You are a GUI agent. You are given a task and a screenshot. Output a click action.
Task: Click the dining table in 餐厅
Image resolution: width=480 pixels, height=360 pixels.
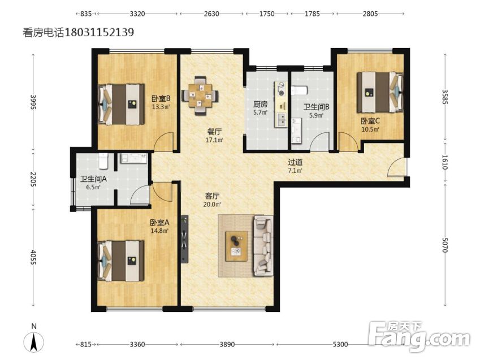pyautogui.click(x=200, y=95)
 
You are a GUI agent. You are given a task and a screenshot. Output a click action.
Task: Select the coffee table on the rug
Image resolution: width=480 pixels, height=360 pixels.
pyautogui.click(x=236, y=246)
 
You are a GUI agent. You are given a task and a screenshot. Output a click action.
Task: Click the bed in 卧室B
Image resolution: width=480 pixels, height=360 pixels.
pyautogui.click(x=121, y=105)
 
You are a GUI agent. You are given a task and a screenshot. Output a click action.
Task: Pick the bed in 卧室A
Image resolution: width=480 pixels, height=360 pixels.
pyautogui.click(x=120, y=261)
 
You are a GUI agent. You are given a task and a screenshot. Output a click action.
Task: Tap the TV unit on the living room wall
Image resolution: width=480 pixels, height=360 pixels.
pyautogui.click(x=184, y=240)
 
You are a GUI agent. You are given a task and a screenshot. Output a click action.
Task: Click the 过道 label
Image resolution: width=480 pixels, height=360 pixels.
pyautogui.click(x=295, y=162)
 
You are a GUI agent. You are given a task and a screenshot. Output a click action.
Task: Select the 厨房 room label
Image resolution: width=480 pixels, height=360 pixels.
pyautogui.click(x=260, y=104)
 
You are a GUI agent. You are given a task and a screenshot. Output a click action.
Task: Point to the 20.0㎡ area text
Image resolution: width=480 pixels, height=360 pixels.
pyautogui.click(x=212, y=204)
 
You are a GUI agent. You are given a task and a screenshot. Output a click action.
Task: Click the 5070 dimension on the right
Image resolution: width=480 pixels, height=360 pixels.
pyautogui.click(x=445, y=245)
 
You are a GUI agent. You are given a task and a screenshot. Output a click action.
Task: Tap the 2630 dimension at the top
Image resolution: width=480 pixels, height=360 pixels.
pyautogui.click(x=211, y=14)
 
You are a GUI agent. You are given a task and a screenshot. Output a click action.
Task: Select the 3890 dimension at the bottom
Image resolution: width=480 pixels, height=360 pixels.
pyautogui.click(x=227, y=344)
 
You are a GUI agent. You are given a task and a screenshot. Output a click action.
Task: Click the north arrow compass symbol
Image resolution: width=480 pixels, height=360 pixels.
pyautogui.click(x=34, y=339)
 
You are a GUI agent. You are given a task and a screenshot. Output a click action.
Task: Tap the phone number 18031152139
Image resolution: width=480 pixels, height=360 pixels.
pyautogui.click(x=99, y=32)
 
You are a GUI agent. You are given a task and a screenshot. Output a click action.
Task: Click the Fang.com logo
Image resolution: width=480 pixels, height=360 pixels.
pyautogui.click(x=419, y=336)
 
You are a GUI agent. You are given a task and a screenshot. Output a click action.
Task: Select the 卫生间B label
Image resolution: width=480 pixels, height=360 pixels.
pyautogui.click(x=316, y=107)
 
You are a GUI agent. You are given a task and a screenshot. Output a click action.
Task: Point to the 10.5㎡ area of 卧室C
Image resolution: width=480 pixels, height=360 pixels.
pyautogui.click(x=370, y=129)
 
